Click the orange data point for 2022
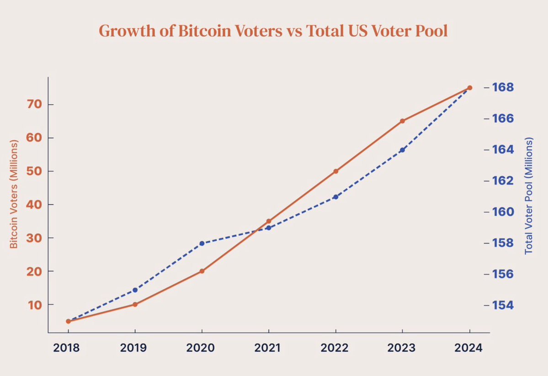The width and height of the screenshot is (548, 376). (x=336, y=171)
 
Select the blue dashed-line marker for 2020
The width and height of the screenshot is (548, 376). (x=202, y=243)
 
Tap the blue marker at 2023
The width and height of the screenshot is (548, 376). (x=403, y=150)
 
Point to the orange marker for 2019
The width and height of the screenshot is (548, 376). (x=135, y=304)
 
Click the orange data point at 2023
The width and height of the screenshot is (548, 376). (x=403, y=121)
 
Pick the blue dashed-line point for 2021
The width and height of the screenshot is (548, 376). (x=269, y=228)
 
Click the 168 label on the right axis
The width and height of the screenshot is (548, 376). (x=503, y=87)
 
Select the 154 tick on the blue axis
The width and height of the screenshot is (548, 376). (x=503, y=305)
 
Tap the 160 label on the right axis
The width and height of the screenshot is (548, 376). (x=503, y=212)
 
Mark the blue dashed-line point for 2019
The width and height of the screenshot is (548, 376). (x=135, y=290)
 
